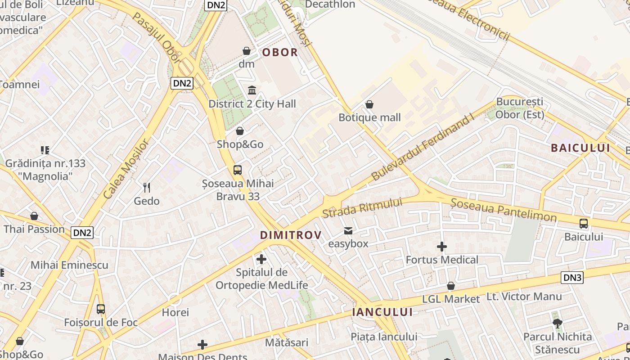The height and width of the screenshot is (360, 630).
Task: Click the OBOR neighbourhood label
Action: [280, 52]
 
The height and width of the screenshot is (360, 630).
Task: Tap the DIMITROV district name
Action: [291, 235]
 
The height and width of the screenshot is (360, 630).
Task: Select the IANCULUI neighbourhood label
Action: [382, 312]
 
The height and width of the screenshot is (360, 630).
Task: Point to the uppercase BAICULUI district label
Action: [580, 148]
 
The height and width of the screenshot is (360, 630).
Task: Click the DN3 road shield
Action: [572, 278]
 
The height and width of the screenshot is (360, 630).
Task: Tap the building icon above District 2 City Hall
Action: [252, 90]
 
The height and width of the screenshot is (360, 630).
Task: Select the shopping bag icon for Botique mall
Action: [369, 105]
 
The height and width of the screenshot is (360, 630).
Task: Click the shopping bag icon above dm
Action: [247, 51]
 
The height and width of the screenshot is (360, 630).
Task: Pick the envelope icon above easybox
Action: [348, 231]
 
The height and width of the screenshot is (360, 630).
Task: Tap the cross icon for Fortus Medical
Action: [442, 247]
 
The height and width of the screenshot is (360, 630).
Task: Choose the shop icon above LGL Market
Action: [451, 286]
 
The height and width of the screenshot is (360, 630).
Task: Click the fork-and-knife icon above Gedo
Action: [146, 187]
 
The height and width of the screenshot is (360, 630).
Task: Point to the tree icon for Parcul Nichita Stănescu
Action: [558, 323]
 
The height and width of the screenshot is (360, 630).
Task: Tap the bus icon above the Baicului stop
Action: [584, 223]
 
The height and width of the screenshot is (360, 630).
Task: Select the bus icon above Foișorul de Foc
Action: [101, 309]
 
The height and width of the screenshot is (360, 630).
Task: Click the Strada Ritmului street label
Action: [362, 207]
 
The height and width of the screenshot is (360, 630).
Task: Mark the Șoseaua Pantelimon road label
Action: [504, 211]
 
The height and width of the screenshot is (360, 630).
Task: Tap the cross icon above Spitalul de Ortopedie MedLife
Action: [261, 259]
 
